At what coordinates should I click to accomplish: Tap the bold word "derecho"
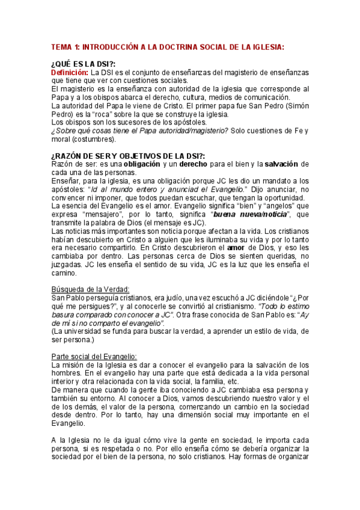[x=198, y=164]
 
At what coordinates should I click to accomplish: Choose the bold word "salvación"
[x=281, y=164]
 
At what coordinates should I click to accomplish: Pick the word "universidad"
[x=93, y=331]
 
